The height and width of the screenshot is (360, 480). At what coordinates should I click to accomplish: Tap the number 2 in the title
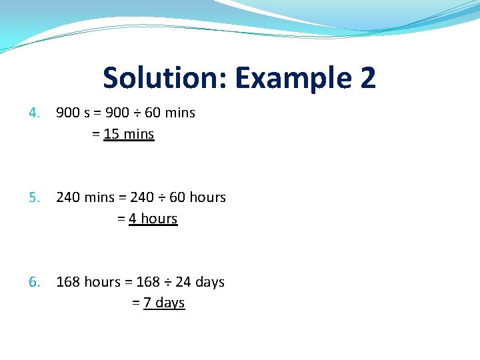coord(367,78)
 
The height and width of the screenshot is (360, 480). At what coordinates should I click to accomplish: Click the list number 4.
coord(34,113)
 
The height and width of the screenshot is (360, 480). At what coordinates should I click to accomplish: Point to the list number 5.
coord(34,197)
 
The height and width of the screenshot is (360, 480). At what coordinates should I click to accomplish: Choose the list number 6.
coord(34,282)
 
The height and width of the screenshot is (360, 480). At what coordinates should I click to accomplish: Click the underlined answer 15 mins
coord(129,134)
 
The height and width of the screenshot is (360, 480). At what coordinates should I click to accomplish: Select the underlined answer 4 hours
coord(153,219)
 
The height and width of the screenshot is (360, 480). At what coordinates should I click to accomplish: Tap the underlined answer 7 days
coord(164,303)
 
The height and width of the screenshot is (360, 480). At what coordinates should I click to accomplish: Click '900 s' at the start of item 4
coord(73,113)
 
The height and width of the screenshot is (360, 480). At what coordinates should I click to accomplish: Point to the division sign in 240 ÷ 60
coord(161,198)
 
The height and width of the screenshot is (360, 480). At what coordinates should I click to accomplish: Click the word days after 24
coord(210,283)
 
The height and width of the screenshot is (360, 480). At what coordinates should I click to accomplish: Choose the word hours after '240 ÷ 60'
coord(207,197)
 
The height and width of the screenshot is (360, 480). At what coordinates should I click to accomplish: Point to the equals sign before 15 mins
coord(95,135)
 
